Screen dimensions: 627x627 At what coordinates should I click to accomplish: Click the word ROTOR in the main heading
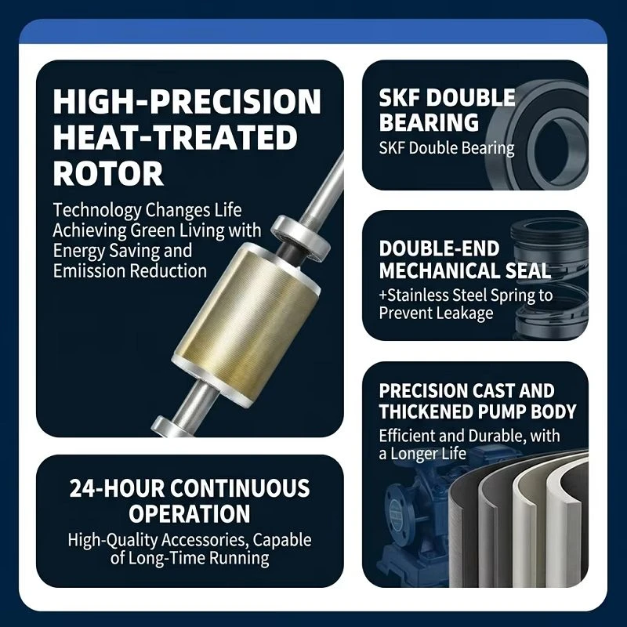108,173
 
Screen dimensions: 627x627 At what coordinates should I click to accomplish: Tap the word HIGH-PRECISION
187,102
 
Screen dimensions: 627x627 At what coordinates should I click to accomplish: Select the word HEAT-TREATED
175,137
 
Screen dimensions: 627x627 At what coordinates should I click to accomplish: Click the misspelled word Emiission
90,271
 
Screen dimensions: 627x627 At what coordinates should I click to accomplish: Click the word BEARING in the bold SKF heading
429,122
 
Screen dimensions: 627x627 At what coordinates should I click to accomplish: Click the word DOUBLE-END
439,248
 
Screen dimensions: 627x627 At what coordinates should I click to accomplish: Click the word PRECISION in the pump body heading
423,390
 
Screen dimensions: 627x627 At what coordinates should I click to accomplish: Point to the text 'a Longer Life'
422,454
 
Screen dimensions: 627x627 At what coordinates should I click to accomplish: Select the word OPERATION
190,513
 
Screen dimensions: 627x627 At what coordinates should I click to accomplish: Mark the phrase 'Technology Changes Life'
147,210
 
